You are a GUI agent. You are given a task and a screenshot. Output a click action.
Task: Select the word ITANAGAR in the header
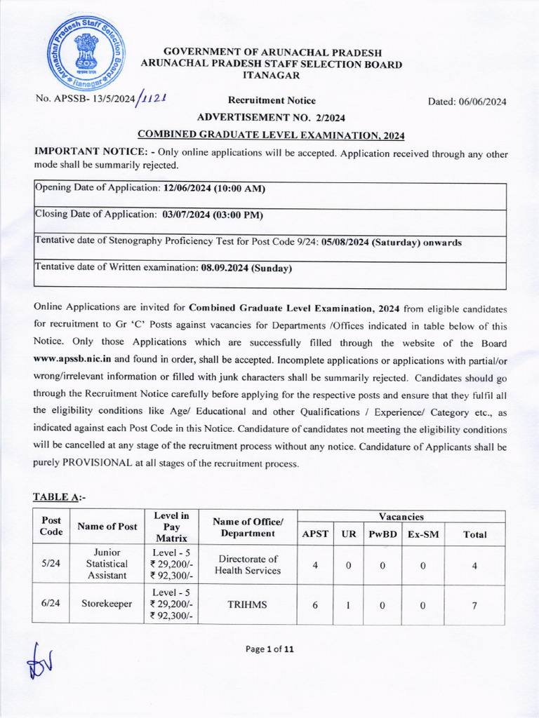272,75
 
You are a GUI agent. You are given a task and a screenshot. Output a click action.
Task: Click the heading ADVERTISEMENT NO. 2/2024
271,117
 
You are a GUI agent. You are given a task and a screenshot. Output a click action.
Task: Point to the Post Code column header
51,527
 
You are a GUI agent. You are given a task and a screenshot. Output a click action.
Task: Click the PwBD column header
383,534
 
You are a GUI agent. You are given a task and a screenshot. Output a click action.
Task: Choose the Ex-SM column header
423,534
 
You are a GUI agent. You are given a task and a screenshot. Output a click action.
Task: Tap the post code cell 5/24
51,564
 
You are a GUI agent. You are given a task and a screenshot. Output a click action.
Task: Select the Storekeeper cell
107,604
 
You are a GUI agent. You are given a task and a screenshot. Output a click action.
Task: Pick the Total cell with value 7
474,604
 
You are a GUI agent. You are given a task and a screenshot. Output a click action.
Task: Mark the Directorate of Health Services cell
247,564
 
